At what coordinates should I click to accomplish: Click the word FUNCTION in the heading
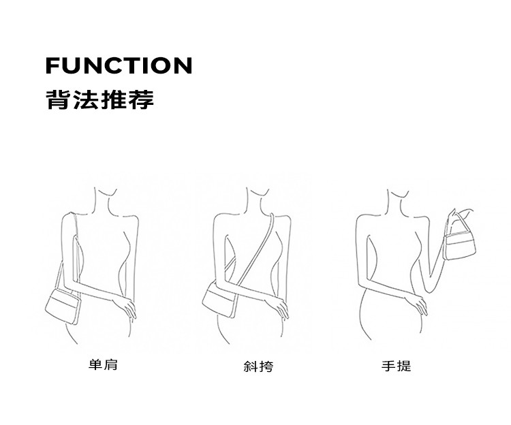point(119,66)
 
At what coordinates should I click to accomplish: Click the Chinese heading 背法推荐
point(99,100)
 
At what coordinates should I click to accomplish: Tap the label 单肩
point(103,365)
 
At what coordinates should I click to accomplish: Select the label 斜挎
point(258,366)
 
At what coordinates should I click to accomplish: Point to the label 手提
point(396,366)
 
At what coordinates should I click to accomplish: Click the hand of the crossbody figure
point(279,306)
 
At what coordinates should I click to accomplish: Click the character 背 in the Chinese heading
point(56,100)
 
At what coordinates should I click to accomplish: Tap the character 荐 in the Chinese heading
point(143,100)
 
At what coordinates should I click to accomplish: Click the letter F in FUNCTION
point(52,66)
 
